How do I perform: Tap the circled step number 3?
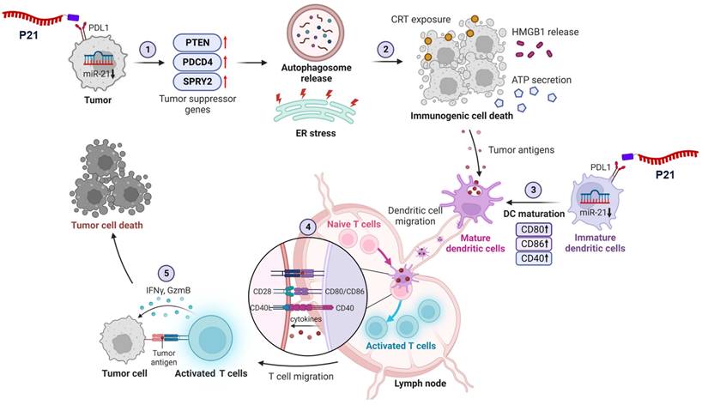tap(534, 190)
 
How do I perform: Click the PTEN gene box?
tap(203, 43)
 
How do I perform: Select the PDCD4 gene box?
tap(203, 63)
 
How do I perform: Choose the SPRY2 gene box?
tap(203, 83)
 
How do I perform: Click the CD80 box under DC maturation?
tap(535, 229)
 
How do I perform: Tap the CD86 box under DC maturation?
tap(535, 245)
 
